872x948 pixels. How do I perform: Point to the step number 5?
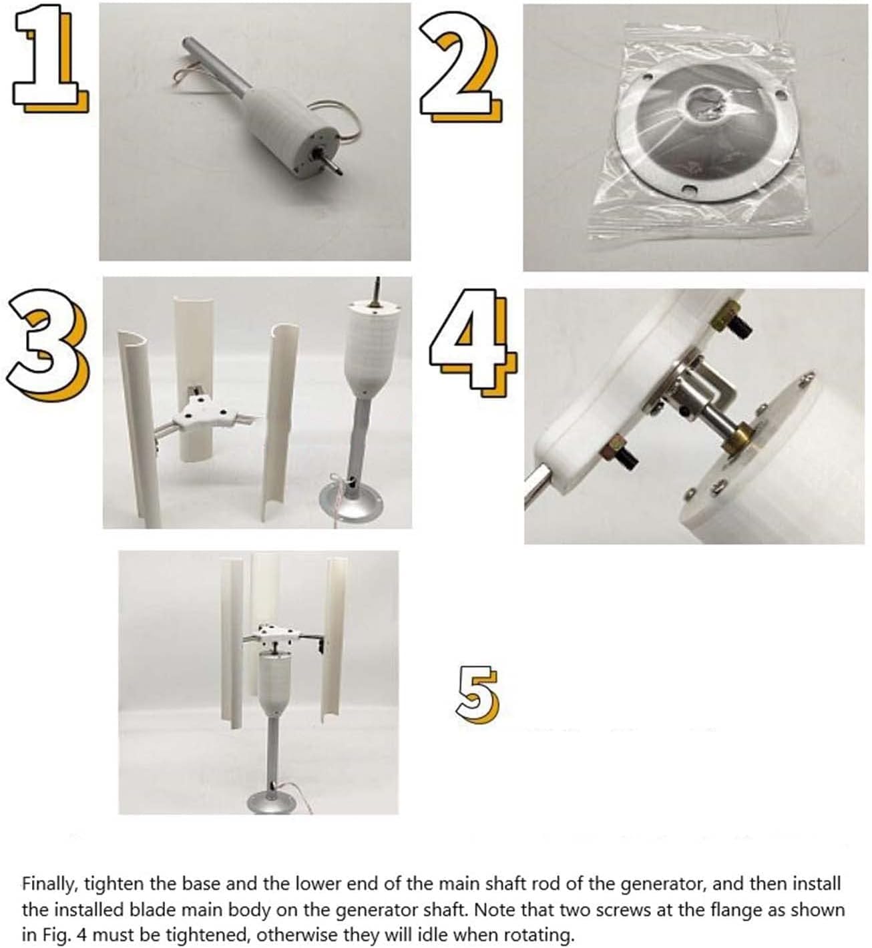[x=477, y=694]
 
